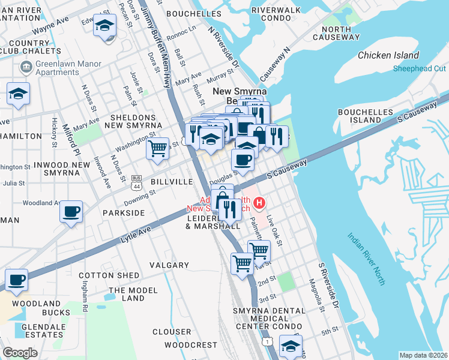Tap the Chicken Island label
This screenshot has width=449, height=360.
pyautogui.click(x=388, y=55)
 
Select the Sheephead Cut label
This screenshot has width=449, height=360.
pyautogui.click(x=419, y=69)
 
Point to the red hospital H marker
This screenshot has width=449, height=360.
pyautogui.click(x=259, y=203)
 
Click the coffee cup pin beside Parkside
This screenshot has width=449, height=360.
pyautogui.click(x=71, y=212)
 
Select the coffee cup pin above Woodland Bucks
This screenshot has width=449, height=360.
pyautogui.click(x=16, y=280)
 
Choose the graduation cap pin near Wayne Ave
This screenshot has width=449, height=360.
pyautogui.click(x=105, y=26)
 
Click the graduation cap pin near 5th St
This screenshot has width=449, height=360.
pyautogui.click(x=291, y=345)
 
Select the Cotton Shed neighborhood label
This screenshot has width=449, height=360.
pyautogui.click(x=109, y=275)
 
